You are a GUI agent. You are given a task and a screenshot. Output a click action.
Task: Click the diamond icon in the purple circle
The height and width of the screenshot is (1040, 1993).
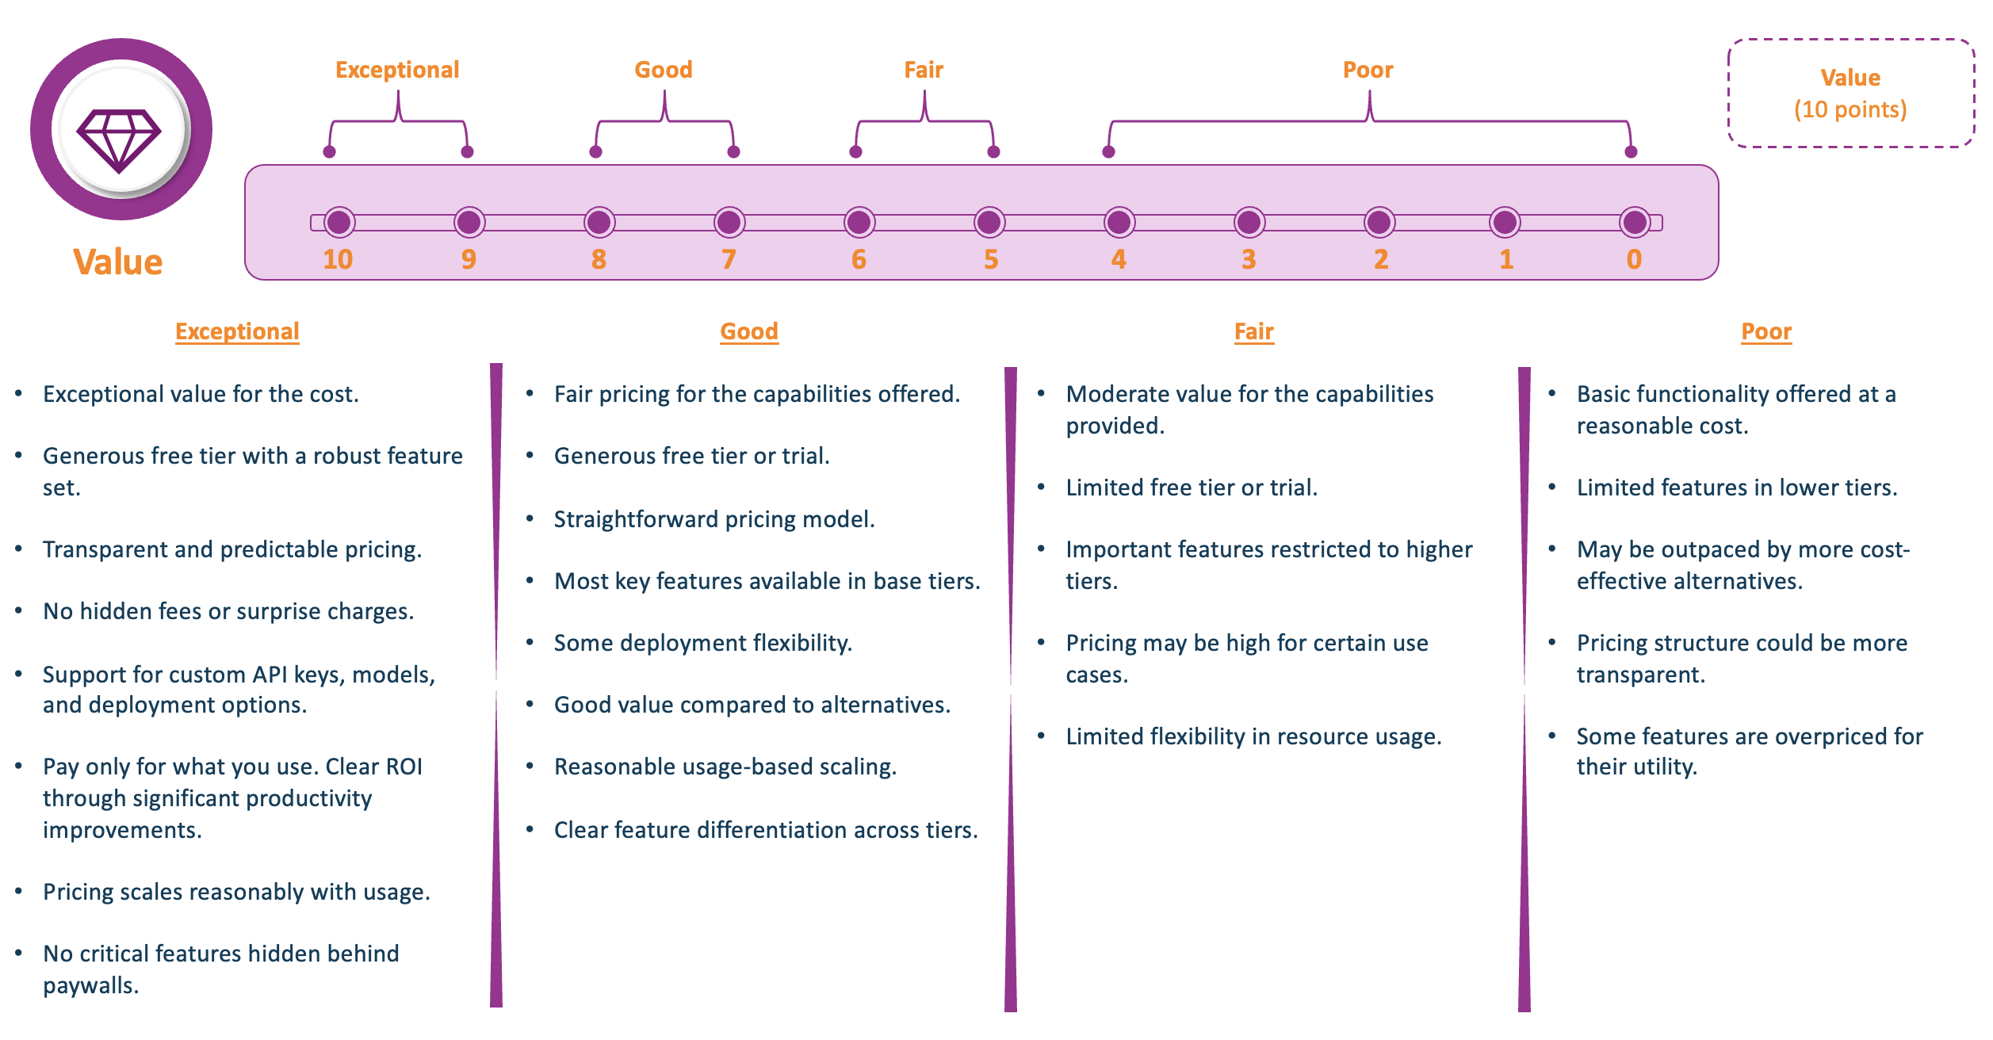pyautogui.click(x=120, y=140)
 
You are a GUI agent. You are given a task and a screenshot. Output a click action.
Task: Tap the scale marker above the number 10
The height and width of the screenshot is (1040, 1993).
pyautogui.click(x=339, y=223)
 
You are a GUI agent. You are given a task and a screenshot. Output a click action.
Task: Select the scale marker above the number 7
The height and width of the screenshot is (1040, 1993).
pyautogui.click(x=729, y=223)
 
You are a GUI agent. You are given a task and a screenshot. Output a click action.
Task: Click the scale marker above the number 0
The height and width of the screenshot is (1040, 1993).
pyautogui.click(x=1635, y=223)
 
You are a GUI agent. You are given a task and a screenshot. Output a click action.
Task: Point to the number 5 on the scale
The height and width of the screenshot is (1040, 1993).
pyautogui.click(x=991, y=260)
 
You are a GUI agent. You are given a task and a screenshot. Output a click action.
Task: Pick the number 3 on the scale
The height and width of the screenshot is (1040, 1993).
pyautogui.click(x=1249, y=260)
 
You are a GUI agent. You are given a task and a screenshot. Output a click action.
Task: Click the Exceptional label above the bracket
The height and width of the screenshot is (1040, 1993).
pyautogui.click(x=397, y=70)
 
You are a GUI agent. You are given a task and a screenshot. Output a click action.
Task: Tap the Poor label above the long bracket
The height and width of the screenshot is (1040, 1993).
pyautogui.click(x=1368, y=70)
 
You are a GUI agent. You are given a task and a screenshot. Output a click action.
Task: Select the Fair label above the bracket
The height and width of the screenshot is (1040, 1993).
pyautogui.click(x=924, y=70)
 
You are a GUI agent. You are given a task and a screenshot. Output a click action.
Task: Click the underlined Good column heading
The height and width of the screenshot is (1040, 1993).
pyautogui.click(x=749, y=331)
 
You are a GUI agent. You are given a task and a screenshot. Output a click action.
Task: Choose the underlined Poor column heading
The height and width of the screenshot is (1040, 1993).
pyautogui.click(x=1766, y=331)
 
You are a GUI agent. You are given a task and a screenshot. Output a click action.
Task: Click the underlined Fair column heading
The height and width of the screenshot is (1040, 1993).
pyautogui.click(x=1254, y=331)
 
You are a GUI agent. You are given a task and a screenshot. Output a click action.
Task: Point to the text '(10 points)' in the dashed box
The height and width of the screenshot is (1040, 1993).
pyautogui.click(x=1850, y=109)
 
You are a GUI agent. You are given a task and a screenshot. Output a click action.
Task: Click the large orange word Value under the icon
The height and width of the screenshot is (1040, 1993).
pyautogui.click(x=118, y=262)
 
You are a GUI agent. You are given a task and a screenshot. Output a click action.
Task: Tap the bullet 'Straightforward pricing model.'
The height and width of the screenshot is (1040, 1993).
pyautogui.click(x=714, y=519)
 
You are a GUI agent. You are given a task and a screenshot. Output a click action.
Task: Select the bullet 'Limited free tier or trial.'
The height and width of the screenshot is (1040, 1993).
pyautogui.click(x=1192, y=487)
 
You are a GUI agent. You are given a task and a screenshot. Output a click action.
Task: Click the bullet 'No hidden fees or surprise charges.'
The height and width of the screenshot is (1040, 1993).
pyautogui.click(x=228, y=611)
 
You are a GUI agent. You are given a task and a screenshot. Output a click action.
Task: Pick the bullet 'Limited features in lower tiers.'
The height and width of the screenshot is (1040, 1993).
pyautogui.click(x=1737, y=487)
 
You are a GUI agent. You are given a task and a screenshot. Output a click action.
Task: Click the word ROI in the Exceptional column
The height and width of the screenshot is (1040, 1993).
pyautogui.click(x=403, y=767)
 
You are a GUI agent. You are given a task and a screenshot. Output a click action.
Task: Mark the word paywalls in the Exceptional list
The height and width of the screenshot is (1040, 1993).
pyautogui.click(x=90, y=985)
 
